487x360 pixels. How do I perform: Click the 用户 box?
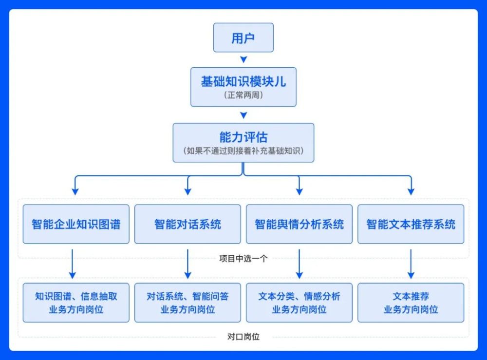click(243, 38)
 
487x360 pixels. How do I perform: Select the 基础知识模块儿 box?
click(243, 87)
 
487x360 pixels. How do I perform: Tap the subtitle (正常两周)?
click(243, 95)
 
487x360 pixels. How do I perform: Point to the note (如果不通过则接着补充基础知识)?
click(243, 151)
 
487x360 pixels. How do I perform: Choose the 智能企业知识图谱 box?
click(76, 224)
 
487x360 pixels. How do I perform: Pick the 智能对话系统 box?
click(187, 224)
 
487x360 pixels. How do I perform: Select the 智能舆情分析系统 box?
click(299, 224)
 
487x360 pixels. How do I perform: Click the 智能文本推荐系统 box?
click(411, 224)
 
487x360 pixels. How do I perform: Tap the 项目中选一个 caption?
click(243, 259)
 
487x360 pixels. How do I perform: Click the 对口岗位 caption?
click(243, 337)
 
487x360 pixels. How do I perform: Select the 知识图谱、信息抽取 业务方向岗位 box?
click(76, 303)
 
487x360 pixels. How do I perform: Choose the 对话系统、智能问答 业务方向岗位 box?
click(187, 303)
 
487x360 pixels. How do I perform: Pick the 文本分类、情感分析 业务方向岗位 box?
click(299, 303)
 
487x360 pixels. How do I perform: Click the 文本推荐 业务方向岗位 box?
click(411, 303)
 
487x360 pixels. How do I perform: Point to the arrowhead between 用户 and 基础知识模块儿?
click(243, 59)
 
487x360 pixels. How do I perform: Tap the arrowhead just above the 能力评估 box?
click(243, 115)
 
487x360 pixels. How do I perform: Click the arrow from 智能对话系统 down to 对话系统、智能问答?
click(187, 263)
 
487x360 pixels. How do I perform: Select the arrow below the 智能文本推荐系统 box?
click(411, 263)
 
